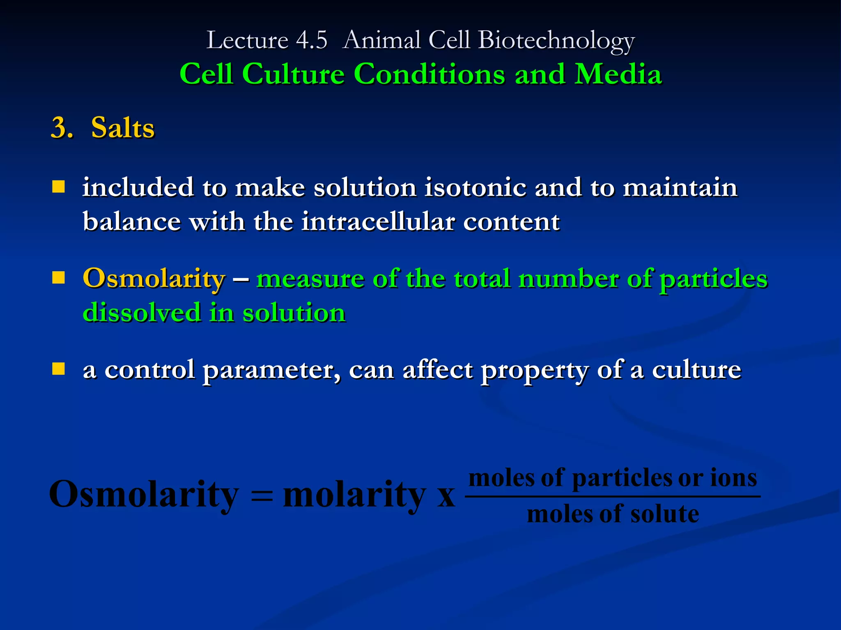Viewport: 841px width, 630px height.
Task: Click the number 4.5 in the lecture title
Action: (312, 40)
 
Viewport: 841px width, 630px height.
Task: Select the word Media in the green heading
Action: (618, 74)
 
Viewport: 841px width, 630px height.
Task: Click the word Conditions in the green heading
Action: (429, 74)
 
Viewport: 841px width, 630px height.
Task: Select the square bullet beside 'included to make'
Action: (59, 187)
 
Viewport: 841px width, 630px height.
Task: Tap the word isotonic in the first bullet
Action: (475, 187)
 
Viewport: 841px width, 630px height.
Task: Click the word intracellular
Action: (378, 222)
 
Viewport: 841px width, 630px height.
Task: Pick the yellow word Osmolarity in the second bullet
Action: (154, 278)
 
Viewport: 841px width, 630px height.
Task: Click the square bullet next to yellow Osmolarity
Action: (59, 278)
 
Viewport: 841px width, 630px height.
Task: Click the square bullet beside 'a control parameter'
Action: (59, 369)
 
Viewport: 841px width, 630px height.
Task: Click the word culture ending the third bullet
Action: (696, 370)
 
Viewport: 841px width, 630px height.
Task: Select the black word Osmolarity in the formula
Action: (144, 494)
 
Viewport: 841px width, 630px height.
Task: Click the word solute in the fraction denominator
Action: (664, 514)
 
